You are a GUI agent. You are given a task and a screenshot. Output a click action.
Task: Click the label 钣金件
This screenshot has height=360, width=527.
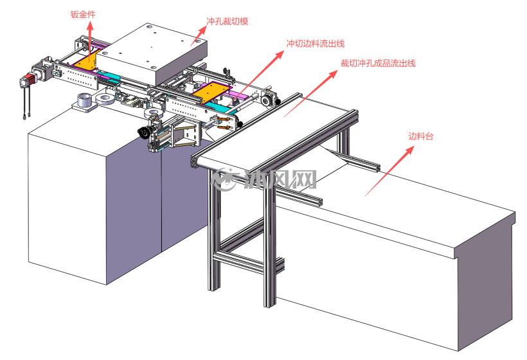83,14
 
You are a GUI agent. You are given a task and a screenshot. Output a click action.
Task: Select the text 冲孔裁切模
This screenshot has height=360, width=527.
228,21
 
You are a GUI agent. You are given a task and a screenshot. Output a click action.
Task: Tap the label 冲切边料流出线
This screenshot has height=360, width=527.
316,44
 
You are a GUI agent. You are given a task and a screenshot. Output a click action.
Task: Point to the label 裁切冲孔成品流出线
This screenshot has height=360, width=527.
378,63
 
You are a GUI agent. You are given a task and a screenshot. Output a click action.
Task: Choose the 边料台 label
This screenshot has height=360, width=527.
421,136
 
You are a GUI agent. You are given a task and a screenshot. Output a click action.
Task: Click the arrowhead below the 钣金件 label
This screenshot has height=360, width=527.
90,26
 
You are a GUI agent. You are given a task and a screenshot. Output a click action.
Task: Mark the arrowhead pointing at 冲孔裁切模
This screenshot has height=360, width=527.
202,31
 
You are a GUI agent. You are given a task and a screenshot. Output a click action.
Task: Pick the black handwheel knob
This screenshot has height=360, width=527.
143,132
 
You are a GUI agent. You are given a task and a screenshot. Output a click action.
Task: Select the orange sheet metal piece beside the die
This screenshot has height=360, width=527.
86,61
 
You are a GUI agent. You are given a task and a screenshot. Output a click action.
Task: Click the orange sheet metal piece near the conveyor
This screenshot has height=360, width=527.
211,92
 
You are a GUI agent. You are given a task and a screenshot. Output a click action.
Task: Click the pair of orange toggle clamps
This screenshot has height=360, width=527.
224,123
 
